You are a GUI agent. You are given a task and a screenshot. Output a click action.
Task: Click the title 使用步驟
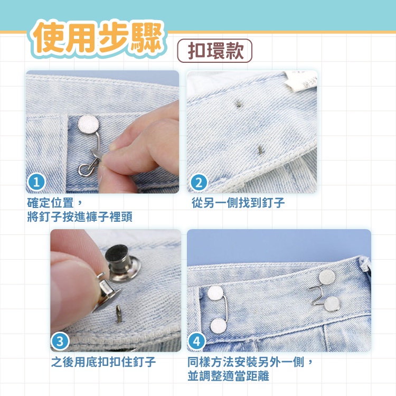(x=97, y=39)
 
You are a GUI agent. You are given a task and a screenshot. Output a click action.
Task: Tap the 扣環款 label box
(x=215, y=51)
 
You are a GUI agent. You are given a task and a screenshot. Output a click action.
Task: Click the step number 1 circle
(x=36, y=182)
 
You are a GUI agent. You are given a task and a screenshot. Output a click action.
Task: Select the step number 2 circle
(x=199, y=183)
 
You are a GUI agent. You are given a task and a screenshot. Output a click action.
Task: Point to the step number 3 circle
(x=60, y=342)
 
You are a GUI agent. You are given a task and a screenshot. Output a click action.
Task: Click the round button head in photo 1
(x=88, y=124)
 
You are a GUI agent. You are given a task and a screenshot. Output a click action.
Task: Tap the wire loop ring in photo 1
(x=85, y=169)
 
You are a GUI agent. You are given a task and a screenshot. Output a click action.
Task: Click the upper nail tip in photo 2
(x=238, y=103)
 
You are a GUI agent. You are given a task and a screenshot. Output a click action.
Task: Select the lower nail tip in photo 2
(x=260, y=150)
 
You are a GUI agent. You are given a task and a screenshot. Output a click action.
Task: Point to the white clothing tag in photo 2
(x=301, y=81)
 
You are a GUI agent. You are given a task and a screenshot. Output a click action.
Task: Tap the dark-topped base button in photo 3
(x=122, y=263)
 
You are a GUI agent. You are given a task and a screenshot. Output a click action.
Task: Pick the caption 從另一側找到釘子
(x=238, y=203)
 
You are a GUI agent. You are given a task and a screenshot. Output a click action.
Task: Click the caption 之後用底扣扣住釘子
(x=103, y=362)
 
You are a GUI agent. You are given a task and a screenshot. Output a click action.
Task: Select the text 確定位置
(x=51, y=203)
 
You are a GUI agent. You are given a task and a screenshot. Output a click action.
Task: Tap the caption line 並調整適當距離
(x=228, y=376)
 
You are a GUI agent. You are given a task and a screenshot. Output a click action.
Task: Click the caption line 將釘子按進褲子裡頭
(x=80, y=216)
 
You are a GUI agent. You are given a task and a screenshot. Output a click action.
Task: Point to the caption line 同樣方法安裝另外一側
(x=246, y=362)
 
